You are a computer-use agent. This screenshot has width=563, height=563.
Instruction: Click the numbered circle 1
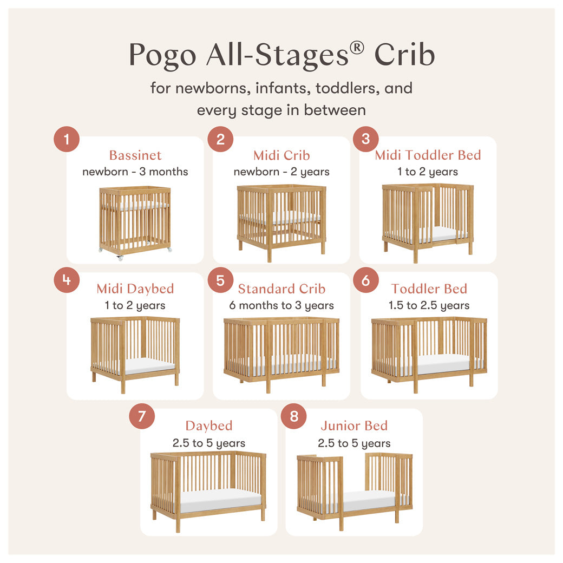(x=67, y=140)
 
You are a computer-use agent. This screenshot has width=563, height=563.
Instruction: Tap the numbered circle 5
(x=220, y=280)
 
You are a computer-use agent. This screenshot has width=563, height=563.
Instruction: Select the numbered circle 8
(x=294, y=416)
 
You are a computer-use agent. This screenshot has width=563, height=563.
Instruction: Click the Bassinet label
(x=135, y=155)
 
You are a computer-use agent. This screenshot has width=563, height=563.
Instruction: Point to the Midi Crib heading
(x=281, y=155)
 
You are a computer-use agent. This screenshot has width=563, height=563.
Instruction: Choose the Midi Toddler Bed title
(x=428, y=155)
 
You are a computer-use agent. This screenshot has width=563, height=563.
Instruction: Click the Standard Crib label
(x=281, y=289)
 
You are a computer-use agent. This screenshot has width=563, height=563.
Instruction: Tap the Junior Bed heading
(x=354, y=426)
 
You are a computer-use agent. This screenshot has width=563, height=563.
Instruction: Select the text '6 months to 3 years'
(x=281, y=305)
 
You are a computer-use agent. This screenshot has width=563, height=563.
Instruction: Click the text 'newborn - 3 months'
(x=135, y=172)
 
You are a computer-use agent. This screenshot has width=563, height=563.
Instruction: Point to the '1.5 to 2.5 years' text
(x=429, y=305)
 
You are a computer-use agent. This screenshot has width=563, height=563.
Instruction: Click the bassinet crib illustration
(x=135, y=222)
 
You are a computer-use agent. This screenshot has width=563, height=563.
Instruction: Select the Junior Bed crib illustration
(x=354, y=490)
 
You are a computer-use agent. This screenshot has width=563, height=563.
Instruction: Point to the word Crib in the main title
(x=404, y=55)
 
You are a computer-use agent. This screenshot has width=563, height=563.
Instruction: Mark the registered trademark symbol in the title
(x=357, y=48)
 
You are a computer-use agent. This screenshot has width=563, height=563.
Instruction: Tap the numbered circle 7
(x=142, y=416)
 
